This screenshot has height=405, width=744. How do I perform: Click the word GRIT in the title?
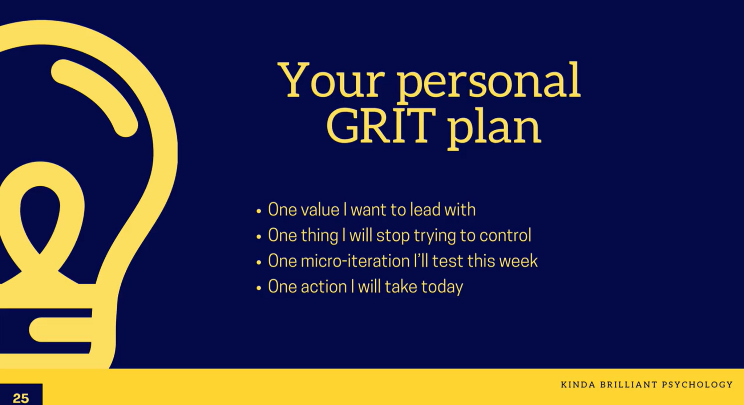381,126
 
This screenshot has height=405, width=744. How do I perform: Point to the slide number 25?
21,398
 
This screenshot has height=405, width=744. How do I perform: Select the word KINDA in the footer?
578,384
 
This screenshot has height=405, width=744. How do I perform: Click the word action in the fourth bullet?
324,287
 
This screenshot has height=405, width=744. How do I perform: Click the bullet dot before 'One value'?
259,211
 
